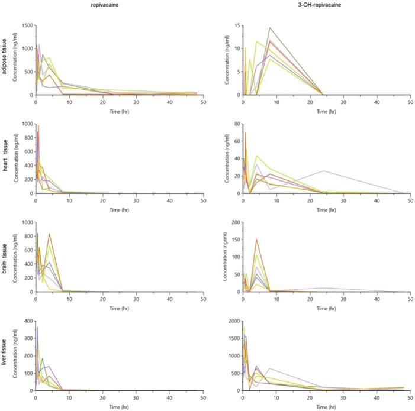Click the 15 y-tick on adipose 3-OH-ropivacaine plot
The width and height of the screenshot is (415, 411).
[x=236, y=25]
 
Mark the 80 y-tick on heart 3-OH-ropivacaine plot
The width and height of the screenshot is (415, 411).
[x=236, y=124]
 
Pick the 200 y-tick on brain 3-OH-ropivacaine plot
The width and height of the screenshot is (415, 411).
[x=234, y=223]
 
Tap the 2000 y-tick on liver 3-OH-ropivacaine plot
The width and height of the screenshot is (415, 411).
[x=233, y=321]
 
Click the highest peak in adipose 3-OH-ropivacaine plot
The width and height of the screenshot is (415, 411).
[x=270, y=28]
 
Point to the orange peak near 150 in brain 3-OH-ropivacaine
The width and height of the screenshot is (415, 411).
[x=256, y=240]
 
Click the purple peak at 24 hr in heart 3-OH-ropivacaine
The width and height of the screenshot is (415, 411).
[x=324, y=171]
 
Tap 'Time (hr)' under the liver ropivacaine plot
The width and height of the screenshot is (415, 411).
[x=119, y=407]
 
